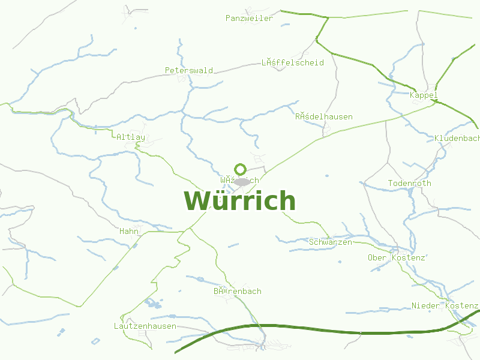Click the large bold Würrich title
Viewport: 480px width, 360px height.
coord(239,200)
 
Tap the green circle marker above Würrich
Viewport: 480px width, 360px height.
coord(241,169)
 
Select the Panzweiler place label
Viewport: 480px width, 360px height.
coord(249,18)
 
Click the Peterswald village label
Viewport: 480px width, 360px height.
coord(189,70)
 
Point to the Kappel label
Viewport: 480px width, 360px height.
coord(424,95)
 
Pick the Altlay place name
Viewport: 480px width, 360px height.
coord(131,137)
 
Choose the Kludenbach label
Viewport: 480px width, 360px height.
coord(457,138)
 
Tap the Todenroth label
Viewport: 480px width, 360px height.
coord(409,183)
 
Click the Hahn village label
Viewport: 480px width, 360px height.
coord(129,231)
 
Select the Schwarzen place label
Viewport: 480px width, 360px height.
coord(330,242)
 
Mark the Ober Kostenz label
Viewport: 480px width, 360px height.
coord(396,257)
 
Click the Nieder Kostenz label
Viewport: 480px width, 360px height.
coord(444,305)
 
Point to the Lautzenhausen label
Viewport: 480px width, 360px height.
coord(145,326)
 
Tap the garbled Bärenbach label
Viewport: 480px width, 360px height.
coord(238,291)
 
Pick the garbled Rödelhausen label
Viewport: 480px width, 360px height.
coord(323,116)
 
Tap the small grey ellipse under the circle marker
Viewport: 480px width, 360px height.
coord(242,181)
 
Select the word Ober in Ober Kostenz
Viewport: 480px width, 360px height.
coord(377,257)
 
